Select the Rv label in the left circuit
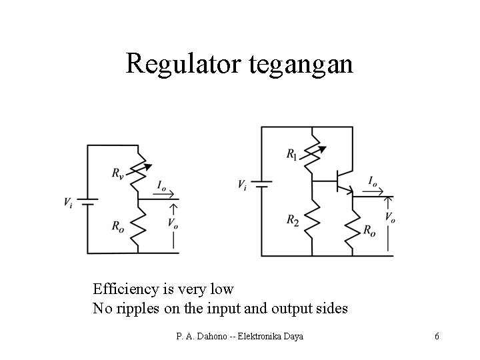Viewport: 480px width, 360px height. [x=117, y=174]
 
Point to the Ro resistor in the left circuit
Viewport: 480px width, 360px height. [x=137, y=225]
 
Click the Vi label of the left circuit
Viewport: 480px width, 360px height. [x=68, y=201]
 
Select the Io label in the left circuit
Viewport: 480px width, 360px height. [x=162, y=185]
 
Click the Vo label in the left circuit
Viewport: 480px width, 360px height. [x=173, y=223]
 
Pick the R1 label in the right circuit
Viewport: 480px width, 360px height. [x=293, y=155]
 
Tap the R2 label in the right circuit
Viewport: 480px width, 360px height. [x=293, y=219]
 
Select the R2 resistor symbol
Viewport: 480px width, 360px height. [x=311, y=217]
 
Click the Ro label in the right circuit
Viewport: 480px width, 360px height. [x=369, y=230]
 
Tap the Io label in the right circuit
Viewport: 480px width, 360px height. [x=373, y=181]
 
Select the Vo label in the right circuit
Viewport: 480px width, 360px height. [x=390, y=217]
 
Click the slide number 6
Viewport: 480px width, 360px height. [x=437, y=336]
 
